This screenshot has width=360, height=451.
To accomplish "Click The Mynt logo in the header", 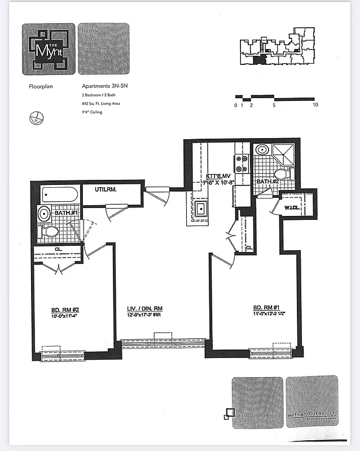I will (x=49, y=49).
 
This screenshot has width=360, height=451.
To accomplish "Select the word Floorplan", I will (x=41, y=87).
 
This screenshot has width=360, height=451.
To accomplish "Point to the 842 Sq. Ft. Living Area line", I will (x=100, y=104).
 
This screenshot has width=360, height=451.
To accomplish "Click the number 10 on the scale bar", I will (x=315, y=105).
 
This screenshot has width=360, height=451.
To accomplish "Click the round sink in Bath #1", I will (x=44, y=214).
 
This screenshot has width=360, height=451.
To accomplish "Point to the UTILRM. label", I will (x=106, y=191).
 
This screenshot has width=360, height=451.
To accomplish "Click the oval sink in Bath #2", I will (x=262, y=150).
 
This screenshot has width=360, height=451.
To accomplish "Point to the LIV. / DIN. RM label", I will (x=144, y=309).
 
